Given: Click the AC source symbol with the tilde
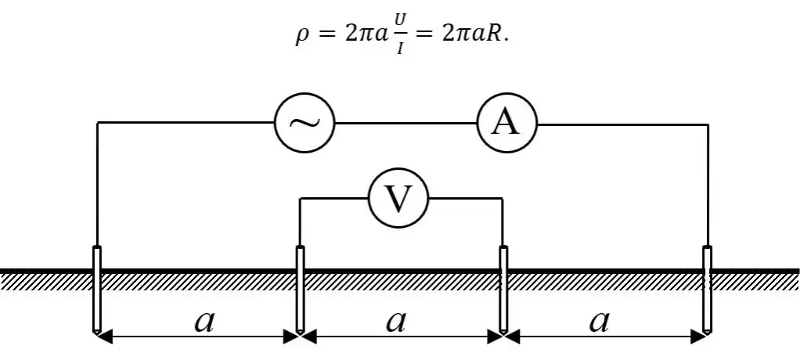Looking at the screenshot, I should (x=305, y=123).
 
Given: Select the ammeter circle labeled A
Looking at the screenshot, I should (x=506, y=123).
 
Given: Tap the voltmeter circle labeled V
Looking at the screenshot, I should (x=399, y=199).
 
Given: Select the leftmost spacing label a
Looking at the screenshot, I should (x=204, y=320).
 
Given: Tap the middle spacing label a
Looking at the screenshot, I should (x=397, y=320).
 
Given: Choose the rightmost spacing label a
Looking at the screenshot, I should (x=599, y=320).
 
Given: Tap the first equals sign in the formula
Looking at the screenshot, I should (x=323, y=38).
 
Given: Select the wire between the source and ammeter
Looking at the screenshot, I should (x=405, y=123).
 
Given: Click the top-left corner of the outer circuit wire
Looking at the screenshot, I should (x=97, y=123).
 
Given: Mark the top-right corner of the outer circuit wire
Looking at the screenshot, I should (x=708, y=123).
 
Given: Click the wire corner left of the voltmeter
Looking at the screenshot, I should (x=300, y=199).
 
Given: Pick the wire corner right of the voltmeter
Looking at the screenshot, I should (x=503, y=199).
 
